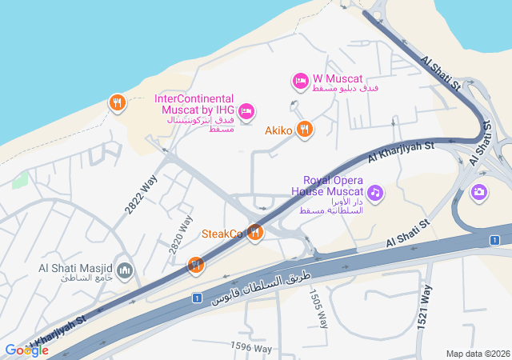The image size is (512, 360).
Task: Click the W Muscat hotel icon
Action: tap(300, 81)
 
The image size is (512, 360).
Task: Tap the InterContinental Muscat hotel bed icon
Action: tap(246, 110)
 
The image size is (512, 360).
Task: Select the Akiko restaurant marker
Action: tap(304, 129)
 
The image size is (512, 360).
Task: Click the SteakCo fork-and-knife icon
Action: tap(255, 233)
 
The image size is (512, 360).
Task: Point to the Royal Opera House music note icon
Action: tap(374, 192)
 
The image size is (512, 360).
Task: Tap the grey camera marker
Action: tap(479, 191)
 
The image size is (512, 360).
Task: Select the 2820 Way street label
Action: tap(182, 234)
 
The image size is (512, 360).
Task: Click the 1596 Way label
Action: tap(251, 348)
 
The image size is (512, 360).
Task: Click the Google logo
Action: tap(26, 350)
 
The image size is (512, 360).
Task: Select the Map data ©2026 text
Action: tap(477, 354)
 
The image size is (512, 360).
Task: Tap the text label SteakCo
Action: tap(222, 234)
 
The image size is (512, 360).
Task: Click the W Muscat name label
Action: tap(338, 79)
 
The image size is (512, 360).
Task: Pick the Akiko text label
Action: tap(280, 130)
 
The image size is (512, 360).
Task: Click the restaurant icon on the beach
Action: tap(117, 102)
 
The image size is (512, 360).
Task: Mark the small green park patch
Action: tap(20, 179)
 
